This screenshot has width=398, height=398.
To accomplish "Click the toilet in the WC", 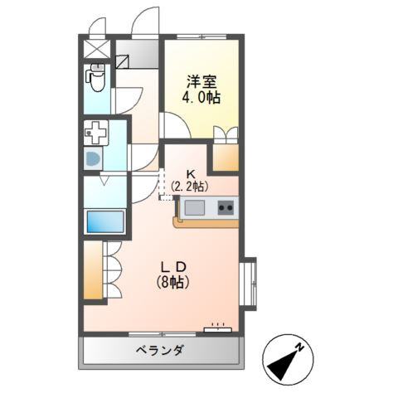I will click(x=95, y=80).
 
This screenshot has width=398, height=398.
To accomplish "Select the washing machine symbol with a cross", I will click(x=96, y=132).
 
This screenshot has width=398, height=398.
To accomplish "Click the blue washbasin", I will click(x=94, y=158).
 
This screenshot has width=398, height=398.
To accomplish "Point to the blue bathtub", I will click(x=105, y=221).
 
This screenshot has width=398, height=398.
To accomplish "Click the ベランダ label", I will click(x=159, y=350).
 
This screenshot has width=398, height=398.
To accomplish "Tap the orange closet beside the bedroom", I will click(x=226, y=156).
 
